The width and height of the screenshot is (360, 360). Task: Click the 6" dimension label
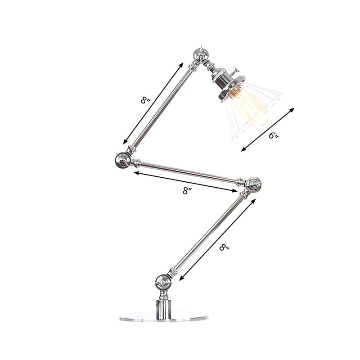[274, 135]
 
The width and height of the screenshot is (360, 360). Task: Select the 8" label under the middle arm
[187, 190]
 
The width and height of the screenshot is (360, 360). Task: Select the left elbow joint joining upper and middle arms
[121, 159]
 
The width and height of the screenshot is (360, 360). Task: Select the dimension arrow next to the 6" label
[268, 129]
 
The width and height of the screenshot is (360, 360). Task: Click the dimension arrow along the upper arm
[153, 103]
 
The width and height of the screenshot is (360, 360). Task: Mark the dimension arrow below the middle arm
[184, 182]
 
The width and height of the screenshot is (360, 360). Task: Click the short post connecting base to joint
[163, 304]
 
